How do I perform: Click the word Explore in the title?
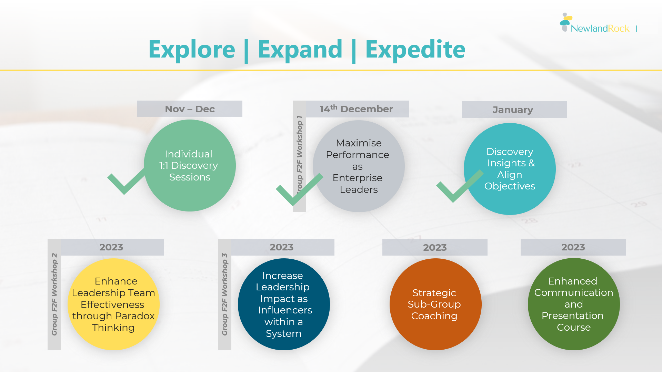(x=192, y=50)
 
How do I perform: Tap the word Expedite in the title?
(x=415, y=50)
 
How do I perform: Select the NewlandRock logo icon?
(x=565, y=22)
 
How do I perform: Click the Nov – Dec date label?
(x=190, y=109)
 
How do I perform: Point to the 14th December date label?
(x=356, y=109)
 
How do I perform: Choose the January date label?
(x=513, y=110)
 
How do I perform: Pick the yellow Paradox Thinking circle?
(x=113, y=304)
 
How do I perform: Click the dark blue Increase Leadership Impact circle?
(x=284, y=304)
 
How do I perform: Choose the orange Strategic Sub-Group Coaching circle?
(x=435, y=304)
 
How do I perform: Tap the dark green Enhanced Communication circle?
(x=573, y=304)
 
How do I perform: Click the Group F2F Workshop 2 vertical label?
(x=54, y=294)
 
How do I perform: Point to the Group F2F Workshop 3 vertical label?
(x=224, y=294)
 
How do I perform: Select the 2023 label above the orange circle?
(x=435, y=247)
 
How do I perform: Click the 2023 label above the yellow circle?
(x=111, y=247)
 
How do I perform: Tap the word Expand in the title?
(x=300, y=50)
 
